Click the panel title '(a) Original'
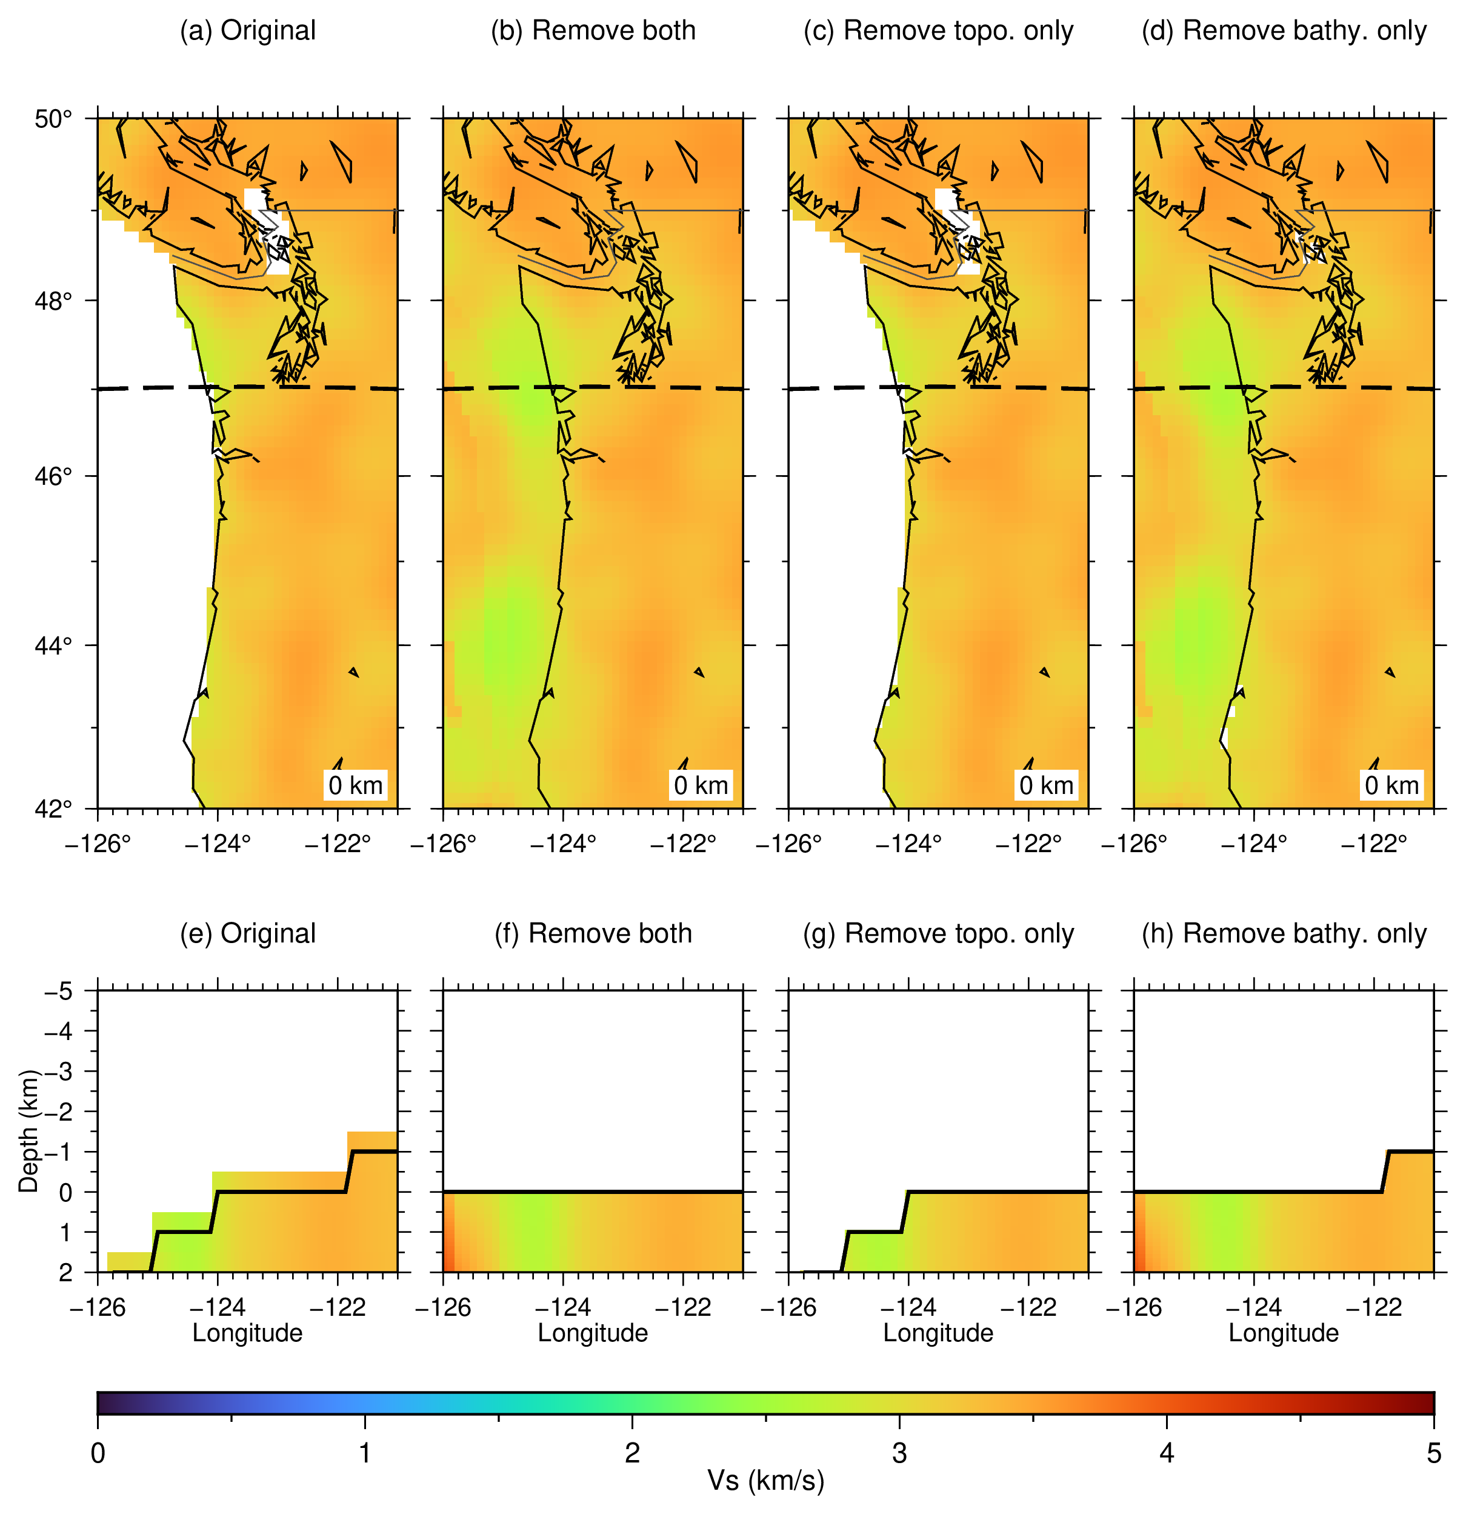[x=248, y=31]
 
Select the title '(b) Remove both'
[x=593, y=31]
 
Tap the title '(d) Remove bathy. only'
[x=1284, y=31]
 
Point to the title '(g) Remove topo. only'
[x=939, y=934]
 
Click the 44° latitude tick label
[x=53, y=645]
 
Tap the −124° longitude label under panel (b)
[x=563, y=844]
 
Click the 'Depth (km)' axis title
[x=29, y=1131]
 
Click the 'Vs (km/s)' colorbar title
[x=766, y=1480]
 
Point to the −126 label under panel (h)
[x=1134, y=1307]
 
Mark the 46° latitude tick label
[x=53, y=476]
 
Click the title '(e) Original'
[x=248, y=934]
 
